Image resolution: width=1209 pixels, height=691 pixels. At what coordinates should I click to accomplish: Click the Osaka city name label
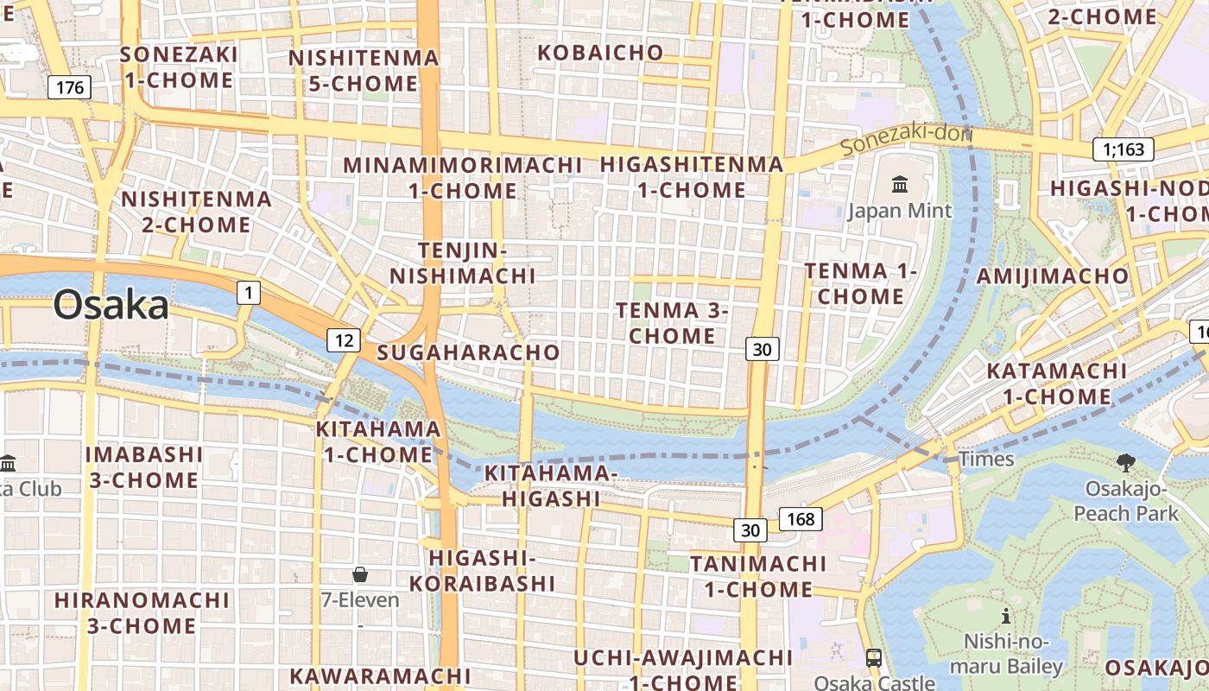point(111,306)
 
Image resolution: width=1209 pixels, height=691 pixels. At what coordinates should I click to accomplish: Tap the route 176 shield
point(69,87)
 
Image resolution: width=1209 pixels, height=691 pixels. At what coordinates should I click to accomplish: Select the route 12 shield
point(343,340)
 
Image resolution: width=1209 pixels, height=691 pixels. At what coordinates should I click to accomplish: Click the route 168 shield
point(801,519)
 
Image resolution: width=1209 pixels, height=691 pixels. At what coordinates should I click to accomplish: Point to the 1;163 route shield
point(1123,149)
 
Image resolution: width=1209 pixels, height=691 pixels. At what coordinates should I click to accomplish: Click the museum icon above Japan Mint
point(900,184)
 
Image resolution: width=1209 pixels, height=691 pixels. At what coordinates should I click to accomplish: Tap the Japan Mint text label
point(900,211)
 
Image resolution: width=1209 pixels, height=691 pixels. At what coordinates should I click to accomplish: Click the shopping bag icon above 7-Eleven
point(360,574)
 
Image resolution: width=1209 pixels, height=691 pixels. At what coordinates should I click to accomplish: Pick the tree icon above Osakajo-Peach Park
point(1125,463)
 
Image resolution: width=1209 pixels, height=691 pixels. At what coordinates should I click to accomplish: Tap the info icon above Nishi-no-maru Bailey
point(1005,616)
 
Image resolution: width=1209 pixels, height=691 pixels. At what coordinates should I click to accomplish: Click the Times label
point(986,459)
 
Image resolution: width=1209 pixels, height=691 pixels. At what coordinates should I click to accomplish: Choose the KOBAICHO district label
point(600,53)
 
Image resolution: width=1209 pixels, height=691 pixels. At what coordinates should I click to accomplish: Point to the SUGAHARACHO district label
point(468,352)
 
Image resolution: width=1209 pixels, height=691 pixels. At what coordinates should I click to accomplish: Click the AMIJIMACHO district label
point(1052,276)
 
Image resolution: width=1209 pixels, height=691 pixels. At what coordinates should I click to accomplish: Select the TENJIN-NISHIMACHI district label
point(462,263)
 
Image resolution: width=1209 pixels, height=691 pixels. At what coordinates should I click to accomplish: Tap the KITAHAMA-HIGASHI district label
point(551,485)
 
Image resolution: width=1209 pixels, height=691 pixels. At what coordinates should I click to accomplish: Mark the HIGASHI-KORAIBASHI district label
point(482,570)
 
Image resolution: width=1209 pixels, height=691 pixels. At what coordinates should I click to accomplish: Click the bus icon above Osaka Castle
point(873,657)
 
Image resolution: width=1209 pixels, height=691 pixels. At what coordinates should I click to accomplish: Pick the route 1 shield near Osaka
point(249,294)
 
